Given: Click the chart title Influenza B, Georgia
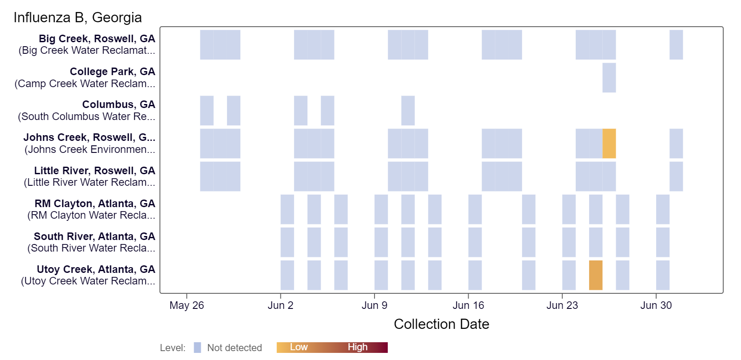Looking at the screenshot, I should [x=78, y=17].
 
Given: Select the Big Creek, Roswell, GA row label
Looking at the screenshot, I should [x=97, y=39].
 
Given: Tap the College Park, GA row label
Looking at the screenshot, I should [x=112, y=72].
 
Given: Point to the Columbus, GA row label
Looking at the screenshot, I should [x=119, y=104].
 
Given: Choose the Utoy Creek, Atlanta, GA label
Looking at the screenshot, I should [x=96, y=269].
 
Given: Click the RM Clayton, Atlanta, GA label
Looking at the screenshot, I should [x=95, y=204].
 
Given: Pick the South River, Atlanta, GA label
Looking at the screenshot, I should [x=94, y=236].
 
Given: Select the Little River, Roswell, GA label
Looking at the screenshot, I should [x=95, y=171].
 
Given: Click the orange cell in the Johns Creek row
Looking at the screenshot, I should [x=609, y=144].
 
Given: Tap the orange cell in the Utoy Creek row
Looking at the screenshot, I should [x=596, y=275].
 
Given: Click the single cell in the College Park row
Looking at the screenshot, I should [x=609, y=78].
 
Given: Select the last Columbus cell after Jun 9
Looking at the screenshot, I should [x=408, y=111].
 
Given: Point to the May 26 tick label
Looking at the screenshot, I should [x=187, y=305].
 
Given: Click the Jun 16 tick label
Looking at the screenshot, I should [x=468, y=305].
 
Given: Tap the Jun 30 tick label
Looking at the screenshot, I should [x=656, y=305].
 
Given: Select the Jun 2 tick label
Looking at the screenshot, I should [x=280, y=305].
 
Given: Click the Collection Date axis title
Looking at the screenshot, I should [x=441, y=324].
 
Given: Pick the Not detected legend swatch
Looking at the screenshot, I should [x=197, y=348].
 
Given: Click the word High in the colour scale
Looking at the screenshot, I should [x=358, y=347].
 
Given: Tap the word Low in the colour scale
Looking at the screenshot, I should [x=299, y=347].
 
